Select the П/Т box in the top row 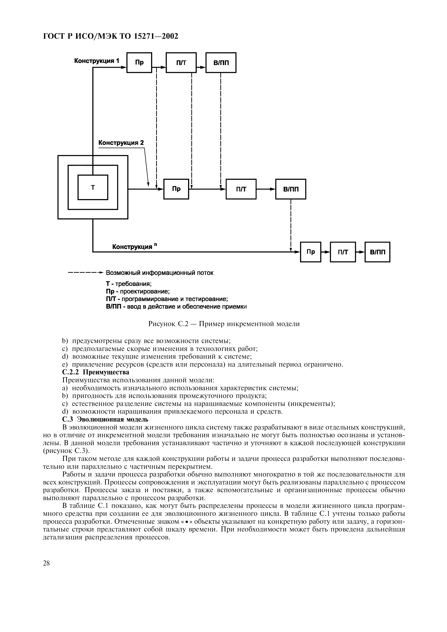(181, 63)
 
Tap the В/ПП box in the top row (221, 63)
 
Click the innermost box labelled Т (93, 187)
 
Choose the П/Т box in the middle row (241, 189)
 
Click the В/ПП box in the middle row (290, 189)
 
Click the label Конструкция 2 (121, 143)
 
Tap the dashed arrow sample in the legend (85, 273)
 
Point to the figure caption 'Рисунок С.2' (224, 324)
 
